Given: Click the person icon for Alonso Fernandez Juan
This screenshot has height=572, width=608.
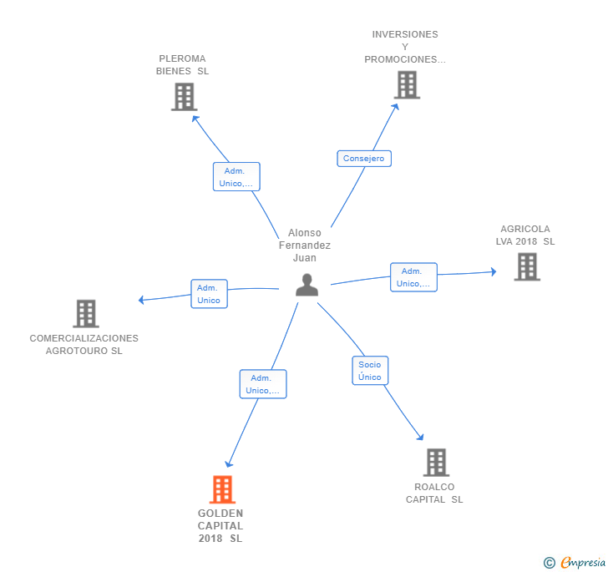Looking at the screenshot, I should tap(307, 286).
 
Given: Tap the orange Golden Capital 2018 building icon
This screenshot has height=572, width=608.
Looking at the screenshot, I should tap(221, 489).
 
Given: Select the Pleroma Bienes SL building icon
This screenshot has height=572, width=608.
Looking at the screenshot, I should tap(183, 97).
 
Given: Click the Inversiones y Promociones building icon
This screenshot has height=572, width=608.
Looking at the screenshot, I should tap(407, 84).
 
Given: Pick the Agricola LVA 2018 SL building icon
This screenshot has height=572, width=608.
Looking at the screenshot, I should tap(526, 266).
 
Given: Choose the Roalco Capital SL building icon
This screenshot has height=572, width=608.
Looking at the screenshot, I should tap(435, 462).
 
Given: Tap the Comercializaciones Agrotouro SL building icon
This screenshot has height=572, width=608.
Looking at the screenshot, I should tap(85, 314).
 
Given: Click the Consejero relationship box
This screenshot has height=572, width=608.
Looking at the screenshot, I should tap(364, 158).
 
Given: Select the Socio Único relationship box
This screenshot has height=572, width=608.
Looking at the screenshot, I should tap(369, 371).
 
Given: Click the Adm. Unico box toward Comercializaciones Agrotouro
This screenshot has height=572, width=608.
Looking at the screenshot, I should tap(209, 294).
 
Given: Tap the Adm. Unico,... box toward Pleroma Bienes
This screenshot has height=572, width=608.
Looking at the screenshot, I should tap(236, 177).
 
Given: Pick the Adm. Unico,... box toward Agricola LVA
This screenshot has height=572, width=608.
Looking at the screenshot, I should tap(413, 277).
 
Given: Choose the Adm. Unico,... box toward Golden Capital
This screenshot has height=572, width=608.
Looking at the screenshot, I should tap(263, 384).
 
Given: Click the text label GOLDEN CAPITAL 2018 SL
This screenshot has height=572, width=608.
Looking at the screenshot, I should tap(220, 526).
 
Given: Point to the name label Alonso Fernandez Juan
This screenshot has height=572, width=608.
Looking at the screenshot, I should tap(304, 246).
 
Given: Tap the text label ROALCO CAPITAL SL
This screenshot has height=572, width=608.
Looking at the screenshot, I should tap(434, 493).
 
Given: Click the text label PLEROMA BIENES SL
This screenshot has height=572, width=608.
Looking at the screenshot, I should tap(182, 65).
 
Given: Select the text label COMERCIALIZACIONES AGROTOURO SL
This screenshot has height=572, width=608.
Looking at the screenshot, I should tap(84, 344).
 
